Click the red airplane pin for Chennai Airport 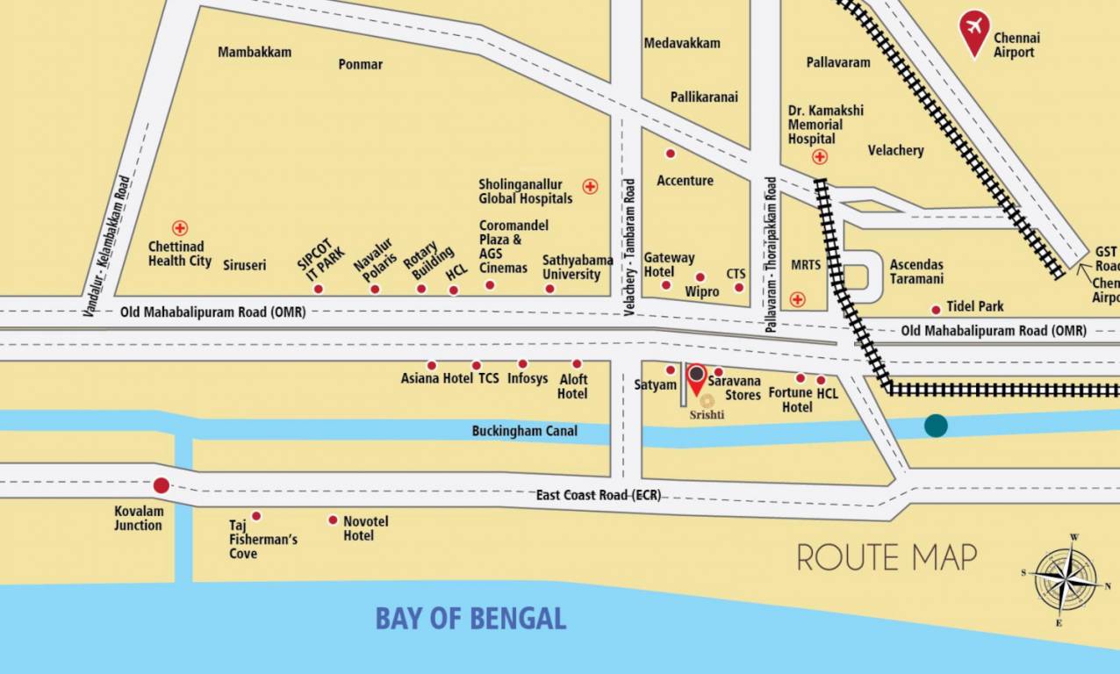point(973,31)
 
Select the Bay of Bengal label point(470,618)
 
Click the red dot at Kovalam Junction point(162,485)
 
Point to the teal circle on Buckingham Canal point(936,426)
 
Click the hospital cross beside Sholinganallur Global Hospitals point(590,186)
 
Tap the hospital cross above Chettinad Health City point(180,228)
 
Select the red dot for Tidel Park point(936,309)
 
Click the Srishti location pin point(696,378)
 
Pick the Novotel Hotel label point(365,528)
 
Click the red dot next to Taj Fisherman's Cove point(256,516)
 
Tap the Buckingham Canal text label point(524,431)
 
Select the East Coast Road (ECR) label point(599,495)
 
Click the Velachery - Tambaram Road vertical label point(629,247)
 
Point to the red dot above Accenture point(671,154)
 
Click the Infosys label point(527,379)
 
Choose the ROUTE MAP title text point(887,557)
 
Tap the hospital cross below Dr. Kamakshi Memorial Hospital point(819,157)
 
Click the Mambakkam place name point(255,52)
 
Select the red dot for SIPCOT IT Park point(319,289)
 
